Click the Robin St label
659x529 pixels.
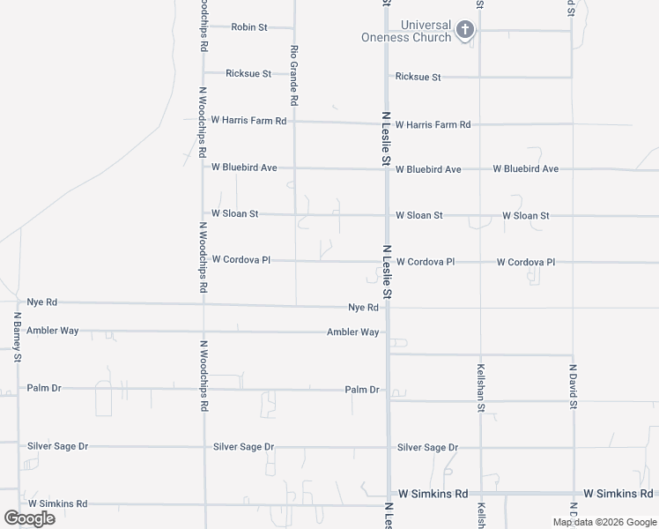[248, 27]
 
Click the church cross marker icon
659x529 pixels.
[466, 31]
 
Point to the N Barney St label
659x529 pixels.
[17, 337]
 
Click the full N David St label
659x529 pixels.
[572, 387]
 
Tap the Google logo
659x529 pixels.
[29, 518]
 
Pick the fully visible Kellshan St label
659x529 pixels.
[481, 387]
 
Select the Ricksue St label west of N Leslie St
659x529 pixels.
[248, 74]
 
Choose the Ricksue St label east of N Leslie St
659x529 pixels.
[418, 78]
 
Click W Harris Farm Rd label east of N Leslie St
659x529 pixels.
[433, 125]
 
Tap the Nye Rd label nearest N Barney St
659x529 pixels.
[41, 302]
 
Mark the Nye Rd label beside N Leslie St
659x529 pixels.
[363, 308]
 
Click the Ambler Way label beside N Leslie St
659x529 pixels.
[352, 332]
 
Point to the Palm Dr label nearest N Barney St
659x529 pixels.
[43, 388]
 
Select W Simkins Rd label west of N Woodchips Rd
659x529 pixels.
[57, 504]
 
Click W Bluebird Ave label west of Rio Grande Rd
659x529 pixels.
[244, 167]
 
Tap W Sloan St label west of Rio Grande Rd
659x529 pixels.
[234, 213]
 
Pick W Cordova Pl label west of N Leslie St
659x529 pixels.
[241, 259]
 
